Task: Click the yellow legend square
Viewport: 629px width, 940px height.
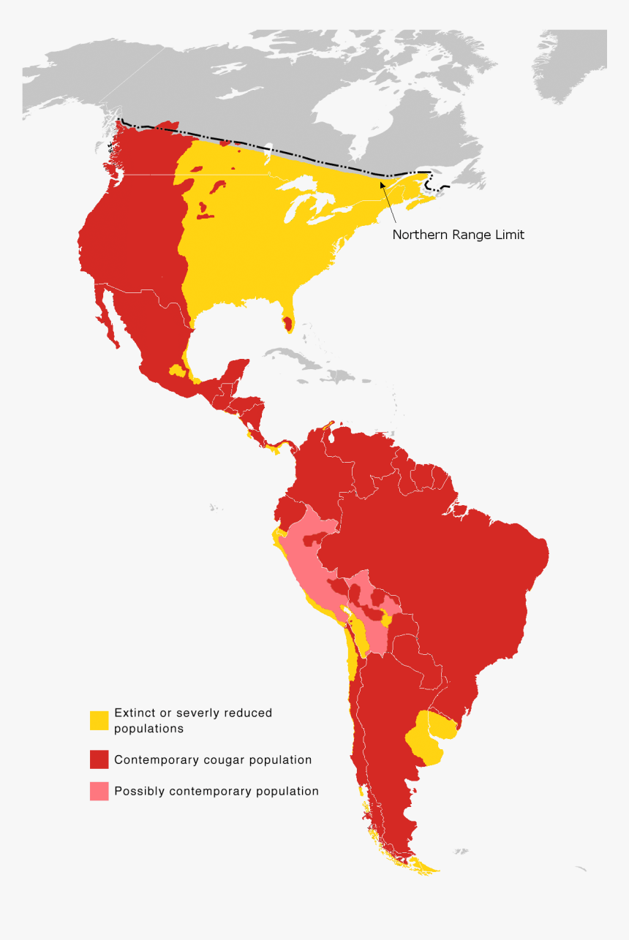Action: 99,720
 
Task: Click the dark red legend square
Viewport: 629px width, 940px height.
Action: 99,759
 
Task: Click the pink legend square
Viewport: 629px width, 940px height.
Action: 99,791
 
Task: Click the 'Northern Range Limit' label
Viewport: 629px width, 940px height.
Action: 458,235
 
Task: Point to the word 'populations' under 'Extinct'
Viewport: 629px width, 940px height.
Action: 148,728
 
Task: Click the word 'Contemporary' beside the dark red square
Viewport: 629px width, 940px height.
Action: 153,759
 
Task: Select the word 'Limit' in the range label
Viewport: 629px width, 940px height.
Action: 508,235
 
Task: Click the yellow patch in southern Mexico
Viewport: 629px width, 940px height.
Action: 176,370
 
